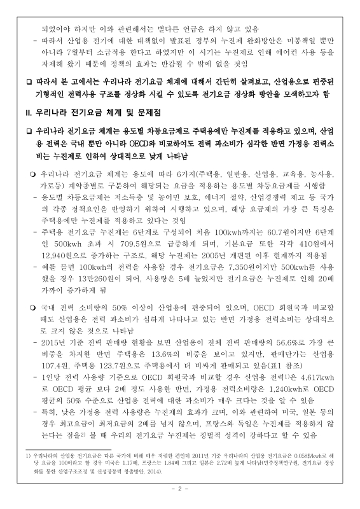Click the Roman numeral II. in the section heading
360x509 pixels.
[x=27, y=114]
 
